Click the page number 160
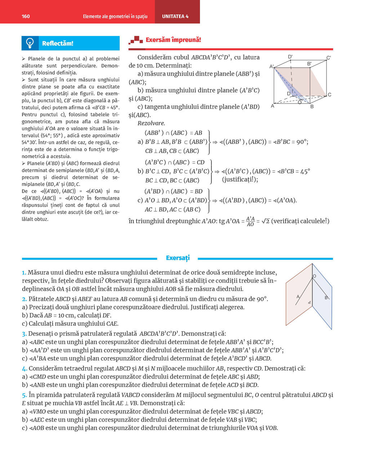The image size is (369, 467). [26, 16]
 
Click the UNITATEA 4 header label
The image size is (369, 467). [175, 16]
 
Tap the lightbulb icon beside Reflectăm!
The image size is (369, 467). [30, 43]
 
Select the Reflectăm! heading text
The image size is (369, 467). [58, 44]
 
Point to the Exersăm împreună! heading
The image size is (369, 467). [173, 40]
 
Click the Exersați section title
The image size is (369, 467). [178, 258]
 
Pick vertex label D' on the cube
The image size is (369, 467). [290, 57]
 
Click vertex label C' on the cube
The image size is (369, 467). [329, 58]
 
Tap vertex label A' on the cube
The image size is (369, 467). [272, 67]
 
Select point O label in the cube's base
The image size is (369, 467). [300, 103]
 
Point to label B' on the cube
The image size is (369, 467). [309, 64]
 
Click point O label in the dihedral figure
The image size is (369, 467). [315, 276]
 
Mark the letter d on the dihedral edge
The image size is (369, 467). [310, 303]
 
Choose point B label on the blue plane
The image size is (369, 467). [326, 298]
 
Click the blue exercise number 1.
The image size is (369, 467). [24, 273]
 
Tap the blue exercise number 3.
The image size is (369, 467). [24, 334]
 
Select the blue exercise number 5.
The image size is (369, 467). [24, 395]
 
